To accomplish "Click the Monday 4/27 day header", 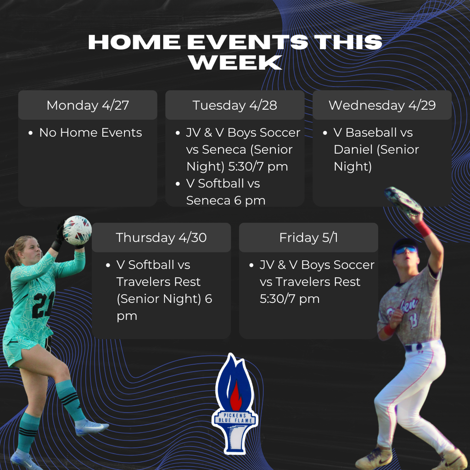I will pos(88,105).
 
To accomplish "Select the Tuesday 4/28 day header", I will pos(235,105).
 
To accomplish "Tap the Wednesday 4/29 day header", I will pos(382,105).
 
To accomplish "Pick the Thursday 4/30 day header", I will pos(161,237).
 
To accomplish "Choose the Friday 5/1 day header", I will pos(308,237).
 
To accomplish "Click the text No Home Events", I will pos(90,133).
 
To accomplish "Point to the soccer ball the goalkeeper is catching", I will pos(77,229).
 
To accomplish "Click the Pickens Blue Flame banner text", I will pos(235,418).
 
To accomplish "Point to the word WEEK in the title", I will pos(235,63).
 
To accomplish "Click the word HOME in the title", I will pos(134,42).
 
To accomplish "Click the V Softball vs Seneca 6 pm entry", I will pos(225,192).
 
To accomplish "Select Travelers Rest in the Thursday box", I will pos(158,282).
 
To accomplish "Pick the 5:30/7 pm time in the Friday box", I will pos(289,299).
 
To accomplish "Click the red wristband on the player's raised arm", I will pos(423,228).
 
